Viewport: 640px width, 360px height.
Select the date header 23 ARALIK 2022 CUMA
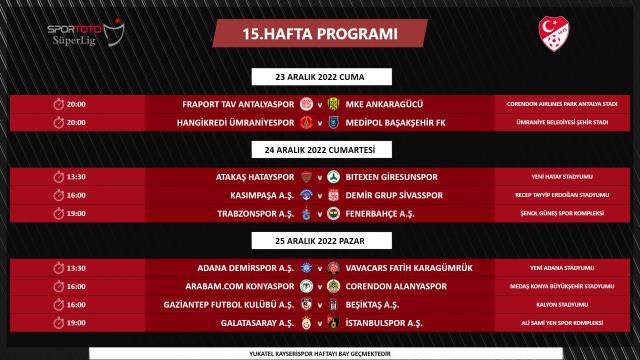[320, 77]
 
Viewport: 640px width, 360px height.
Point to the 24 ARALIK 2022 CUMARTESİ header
[320, 150]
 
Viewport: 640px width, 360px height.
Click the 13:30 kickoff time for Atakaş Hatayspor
[76, 175]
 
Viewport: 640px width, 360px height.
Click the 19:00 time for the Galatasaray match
[76, 322]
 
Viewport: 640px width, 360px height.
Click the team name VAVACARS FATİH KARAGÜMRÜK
[412, 266]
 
